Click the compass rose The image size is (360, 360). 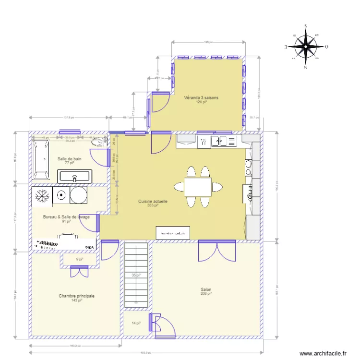tap(305, 47)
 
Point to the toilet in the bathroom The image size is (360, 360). tap(99, 142)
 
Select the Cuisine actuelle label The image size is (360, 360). tap(153, 202)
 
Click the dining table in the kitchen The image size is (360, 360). tap(198, 187)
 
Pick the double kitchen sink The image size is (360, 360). tap(224, 141)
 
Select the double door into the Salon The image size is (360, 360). tap(217, 251)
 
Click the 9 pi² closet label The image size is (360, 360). tap(80, 260)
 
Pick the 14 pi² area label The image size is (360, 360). tap(136, 324)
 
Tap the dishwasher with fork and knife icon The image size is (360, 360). tap(204, 141)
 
